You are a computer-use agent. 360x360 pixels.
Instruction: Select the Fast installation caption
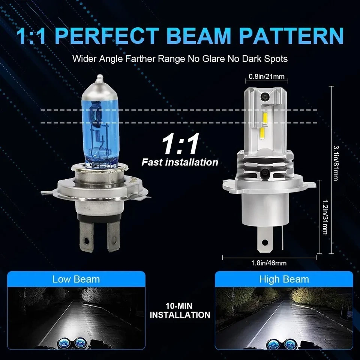(x=180, y=162)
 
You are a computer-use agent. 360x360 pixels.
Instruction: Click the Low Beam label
(x=76, y=279)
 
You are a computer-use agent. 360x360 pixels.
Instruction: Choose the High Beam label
(x=284, y=279)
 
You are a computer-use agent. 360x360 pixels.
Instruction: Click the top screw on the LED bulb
(x=265, y=96)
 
